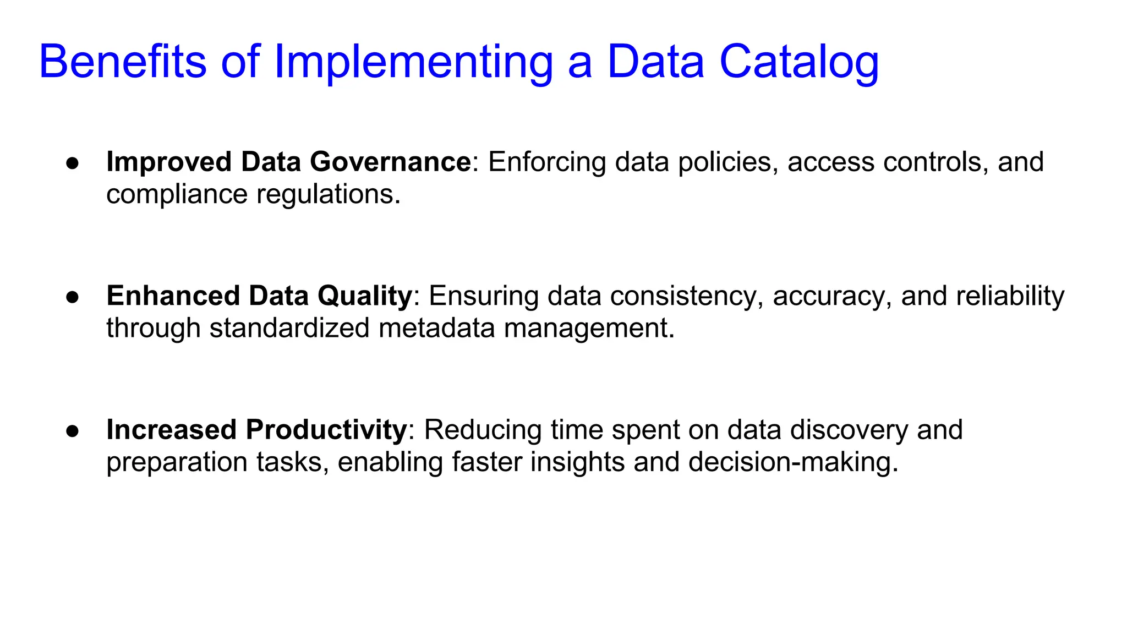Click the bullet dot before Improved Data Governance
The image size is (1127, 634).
[72, 163]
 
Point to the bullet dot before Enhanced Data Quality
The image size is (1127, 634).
[72, 297]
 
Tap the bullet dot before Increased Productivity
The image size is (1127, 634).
[72, 431]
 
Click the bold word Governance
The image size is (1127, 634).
[390, 162]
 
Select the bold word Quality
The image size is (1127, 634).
[364, 296]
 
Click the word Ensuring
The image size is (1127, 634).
[484, 296]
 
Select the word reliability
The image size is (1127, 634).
[1010, 296]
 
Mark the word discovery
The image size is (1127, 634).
[849, 430]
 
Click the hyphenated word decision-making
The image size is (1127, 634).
[793, 462]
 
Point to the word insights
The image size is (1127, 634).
[577, 462]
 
